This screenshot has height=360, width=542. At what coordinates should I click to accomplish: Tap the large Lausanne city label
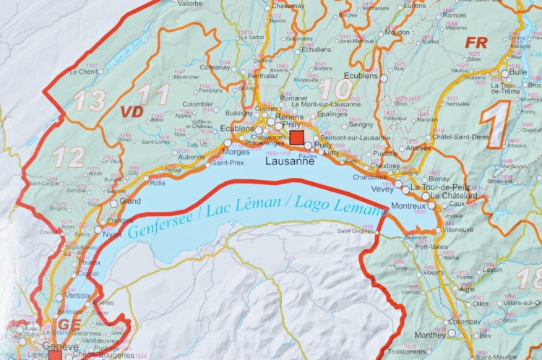pyautogui.click(x=290, y=163)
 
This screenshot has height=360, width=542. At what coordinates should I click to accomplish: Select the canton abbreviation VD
pyautogui.click(x=132, y=112)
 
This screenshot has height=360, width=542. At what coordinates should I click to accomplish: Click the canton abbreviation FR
pyautogui.click(x=476, y=42)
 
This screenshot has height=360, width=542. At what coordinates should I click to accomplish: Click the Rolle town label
pyautogui.click(x=156, y=183)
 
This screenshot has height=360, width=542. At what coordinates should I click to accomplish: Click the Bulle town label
pyautogui.click(x=517, y=72)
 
